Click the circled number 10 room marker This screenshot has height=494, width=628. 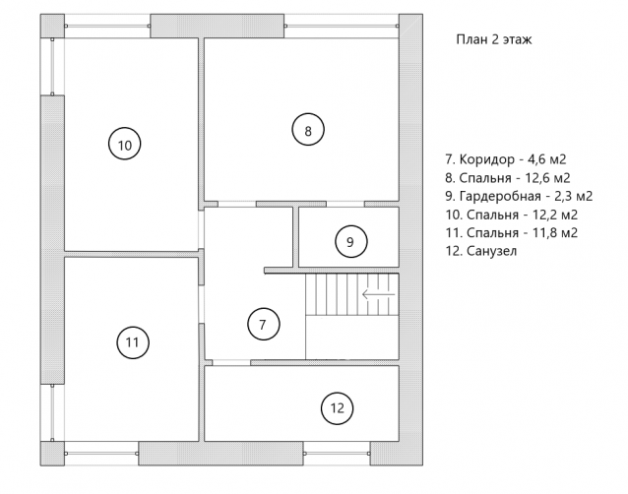pyautogui.click(x=125, y=144)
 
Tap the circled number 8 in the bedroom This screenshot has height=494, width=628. pyautogui.click(x=308, y=130)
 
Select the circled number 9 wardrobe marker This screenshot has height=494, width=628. pyautogui.click(x=350, y=241)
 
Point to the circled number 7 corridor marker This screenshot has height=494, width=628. pyautogui.click(x=264, y=324)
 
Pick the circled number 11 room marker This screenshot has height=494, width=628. pyautogui.click(x=133, y=342)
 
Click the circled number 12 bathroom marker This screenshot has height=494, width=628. pyautogui.click(x=338, y=408)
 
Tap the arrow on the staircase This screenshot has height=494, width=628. pyautogui.click(x=379, y=294)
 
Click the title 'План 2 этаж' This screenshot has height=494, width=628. pyautogui.click(x=494, y=39)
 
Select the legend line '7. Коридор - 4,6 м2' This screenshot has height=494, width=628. pyautogui.click(x=506, y=159)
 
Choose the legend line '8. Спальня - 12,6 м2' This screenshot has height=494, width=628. pyautogui.click(x=508, y=178)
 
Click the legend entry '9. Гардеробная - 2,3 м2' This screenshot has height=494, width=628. pyautogui.click(x=519, y=196)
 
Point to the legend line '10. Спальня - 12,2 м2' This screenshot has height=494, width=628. pyautogui.click(x=512, y=215)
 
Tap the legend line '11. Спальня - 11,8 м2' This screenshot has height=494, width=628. pyautogui.click(x=512, y=232)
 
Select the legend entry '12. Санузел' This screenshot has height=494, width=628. pyautogui.click(x=481, y=251)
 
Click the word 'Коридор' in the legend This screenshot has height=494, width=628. pyautogui.click(x=486, y=159)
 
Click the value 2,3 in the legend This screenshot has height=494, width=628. pyautogui.click(x=561, y=196)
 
